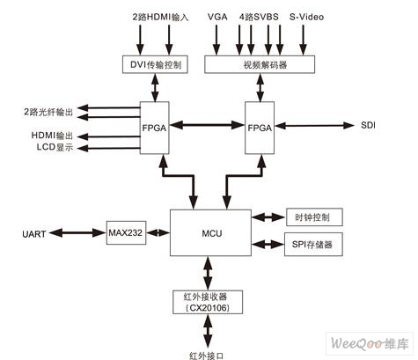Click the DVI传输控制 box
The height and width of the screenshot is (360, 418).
point(155,64)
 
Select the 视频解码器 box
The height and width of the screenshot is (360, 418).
point(260,64)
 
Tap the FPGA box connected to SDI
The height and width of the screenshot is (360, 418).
point(260,128)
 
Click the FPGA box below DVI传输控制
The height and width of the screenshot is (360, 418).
point(155,128)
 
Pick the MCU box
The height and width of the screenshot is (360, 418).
point(210,232)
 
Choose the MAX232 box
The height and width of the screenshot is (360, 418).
point(126,232)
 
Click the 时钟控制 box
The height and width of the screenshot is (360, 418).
point(314,217)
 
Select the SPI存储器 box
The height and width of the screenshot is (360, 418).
point(313,244)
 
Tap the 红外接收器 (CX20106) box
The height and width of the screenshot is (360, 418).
point(208,302)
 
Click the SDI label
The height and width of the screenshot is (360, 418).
point(368,125)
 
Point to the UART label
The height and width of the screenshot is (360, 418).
point(34,234)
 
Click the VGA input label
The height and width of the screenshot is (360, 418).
point(217,17)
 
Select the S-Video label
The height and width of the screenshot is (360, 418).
point(306,17)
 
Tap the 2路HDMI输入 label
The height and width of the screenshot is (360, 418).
point(160,17)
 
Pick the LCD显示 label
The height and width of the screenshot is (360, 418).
point(55,147)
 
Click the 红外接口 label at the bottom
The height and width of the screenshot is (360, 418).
point(207,356)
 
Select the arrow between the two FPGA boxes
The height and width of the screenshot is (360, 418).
point(207,125)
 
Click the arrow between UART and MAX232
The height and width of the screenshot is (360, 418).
point(77,233)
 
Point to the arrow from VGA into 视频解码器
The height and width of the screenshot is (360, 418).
point(216,40)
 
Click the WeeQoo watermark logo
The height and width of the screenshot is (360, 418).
point(370,343)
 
